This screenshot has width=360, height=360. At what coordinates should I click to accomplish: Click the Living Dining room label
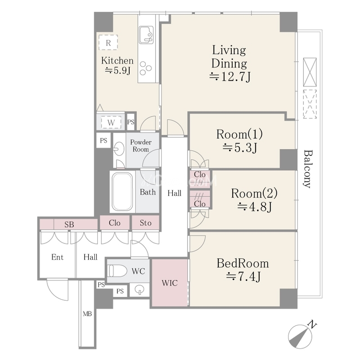[x=229, y=63]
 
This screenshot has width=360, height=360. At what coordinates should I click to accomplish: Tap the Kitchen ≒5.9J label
[x=117, y=65]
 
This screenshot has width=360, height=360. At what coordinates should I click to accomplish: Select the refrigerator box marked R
[x=108, y=42]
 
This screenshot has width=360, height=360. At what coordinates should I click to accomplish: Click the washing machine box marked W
[x=111, y=122]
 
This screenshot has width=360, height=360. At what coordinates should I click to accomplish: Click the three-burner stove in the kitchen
[x=145, y=68]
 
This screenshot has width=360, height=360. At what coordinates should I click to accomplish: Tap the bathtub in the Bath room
[x=122, y=192]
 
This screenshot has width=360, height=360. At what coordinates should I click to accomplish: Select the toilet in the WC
[x=117, y=271]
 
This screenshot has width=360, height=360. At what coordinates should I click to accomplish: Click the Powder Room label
[x=141, y=146]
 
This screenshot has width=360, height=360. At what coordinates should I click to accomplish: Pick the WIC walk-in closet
[x=170, y=283]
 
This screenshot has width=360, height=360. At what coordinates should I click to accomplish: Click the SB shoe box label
[x=69, y=224]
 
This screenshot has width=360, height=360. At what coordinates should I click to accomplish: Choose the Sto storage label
[x=145, y=223]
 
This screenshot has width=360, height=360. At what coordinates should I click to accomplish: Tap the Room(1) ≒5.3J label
[x=239, y=141]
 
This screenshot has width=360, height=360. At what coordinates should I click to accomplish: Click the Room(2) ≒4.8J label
[x=254, y=199]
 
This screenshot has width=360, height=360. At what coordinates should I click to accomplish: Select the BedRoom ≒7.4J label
[x=243, y=270]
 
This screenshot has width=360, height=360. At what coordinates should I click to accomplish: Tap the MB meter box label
[x=87, y=314]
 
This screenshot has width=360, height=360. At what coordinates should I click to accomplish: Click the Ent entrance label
[x=58, y=257]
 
